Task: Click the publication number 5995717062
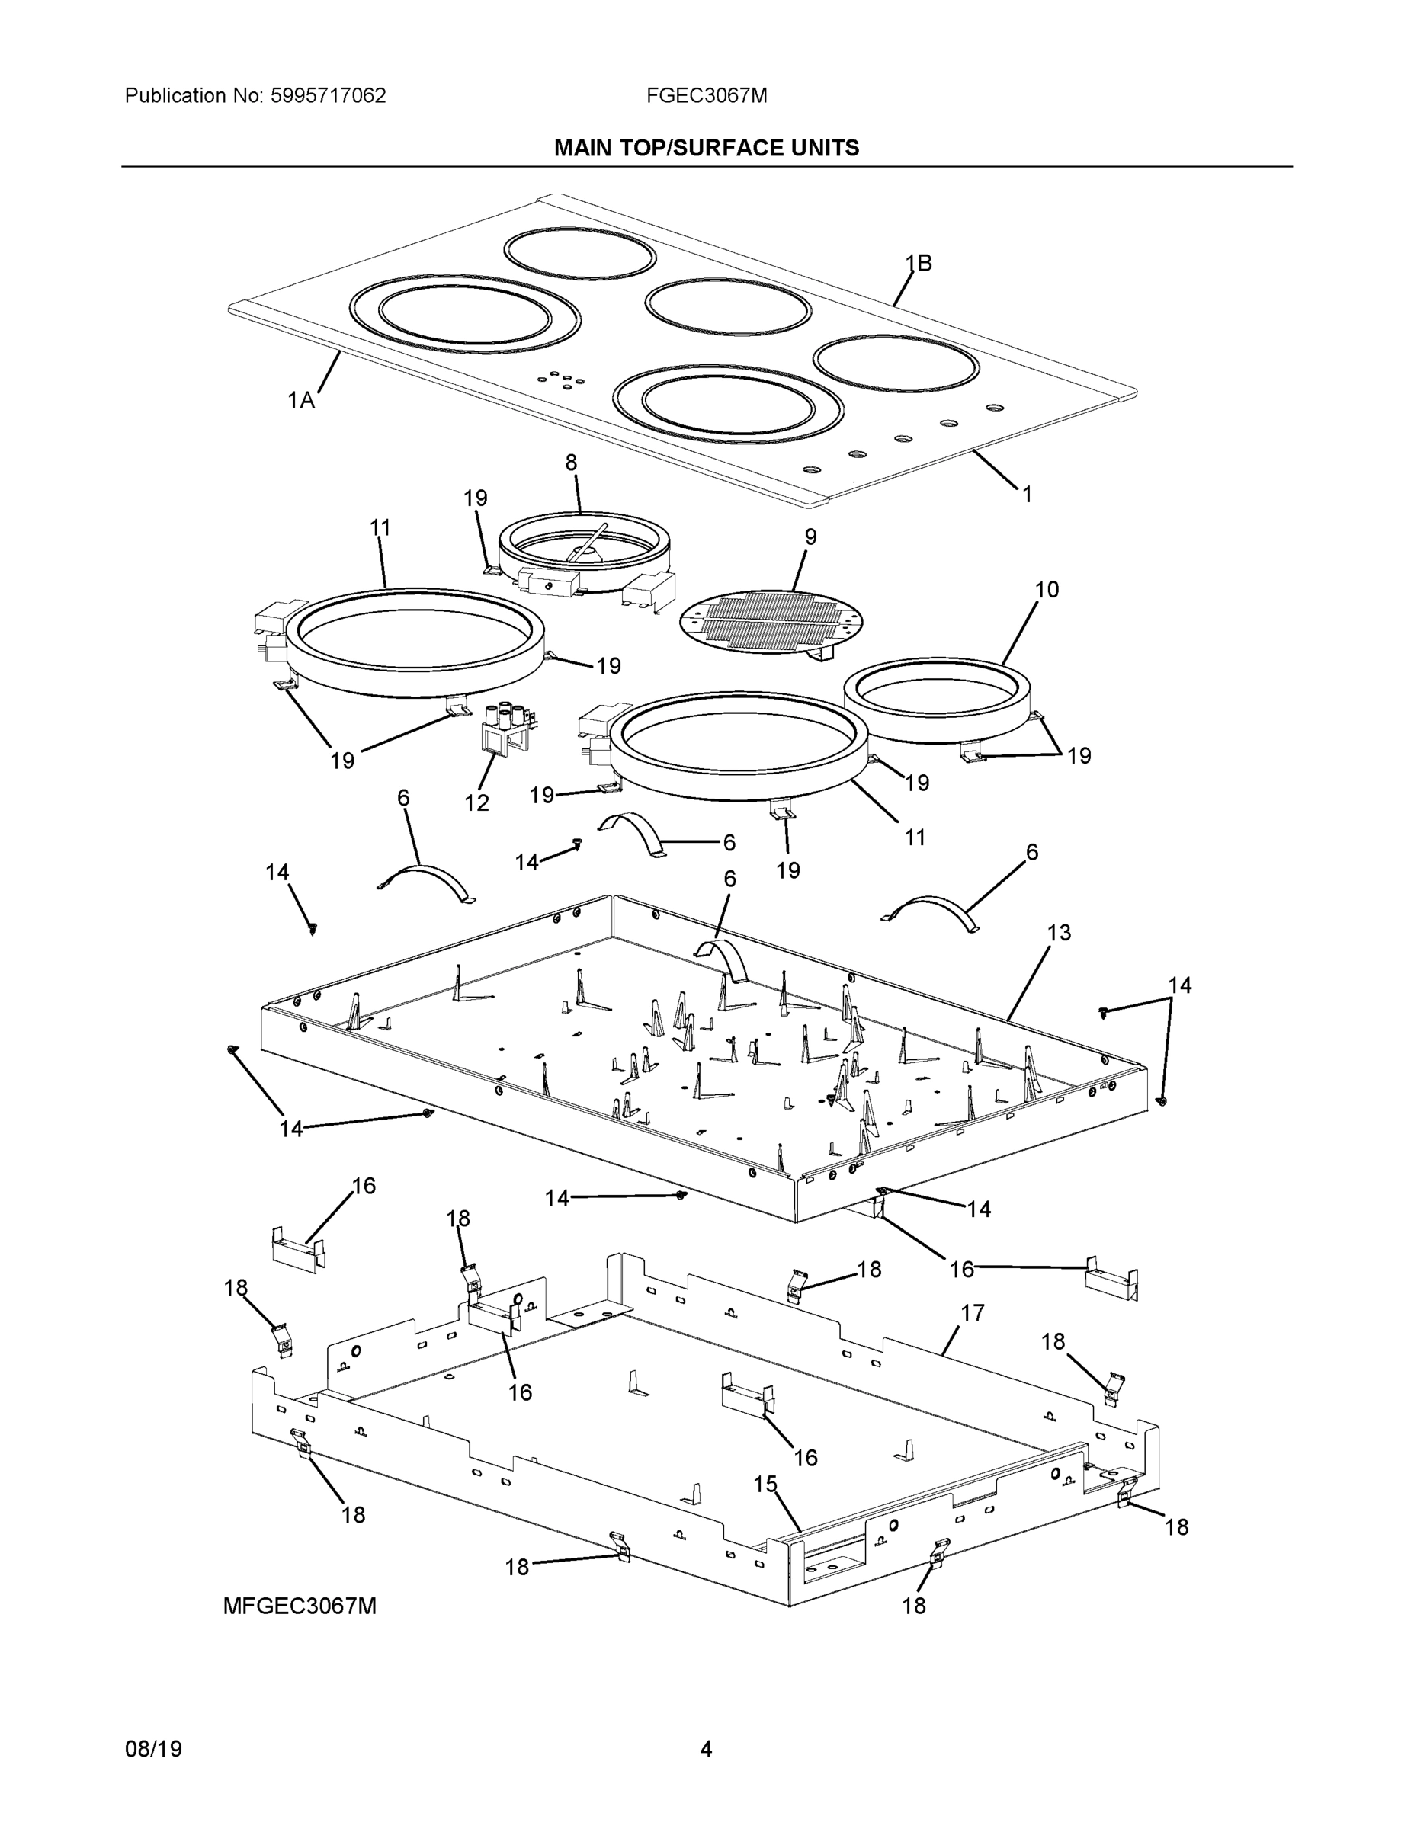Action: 328,95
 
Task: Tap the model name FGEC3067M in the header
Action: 706,95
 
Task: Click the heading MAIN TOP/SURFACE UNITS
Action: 706,149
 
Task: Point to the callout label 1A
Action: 301,400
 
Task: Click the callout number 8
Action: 571,463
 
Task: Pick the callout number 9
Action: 810,537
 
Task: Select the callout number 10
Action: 1047,590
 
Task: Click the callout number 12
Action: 476,802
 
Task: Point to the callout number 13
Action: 1059,932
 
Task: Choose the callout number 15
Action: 765,1484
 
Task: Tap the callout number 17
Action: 972,1313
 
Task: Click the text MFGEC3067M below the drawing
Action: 299,1606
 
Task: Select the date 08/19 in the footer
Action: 153,1749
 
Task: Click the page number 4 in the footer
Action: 706,1749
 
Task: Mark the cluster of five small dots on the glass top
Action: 560,380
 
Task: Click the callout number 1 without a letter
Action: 1027,494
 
